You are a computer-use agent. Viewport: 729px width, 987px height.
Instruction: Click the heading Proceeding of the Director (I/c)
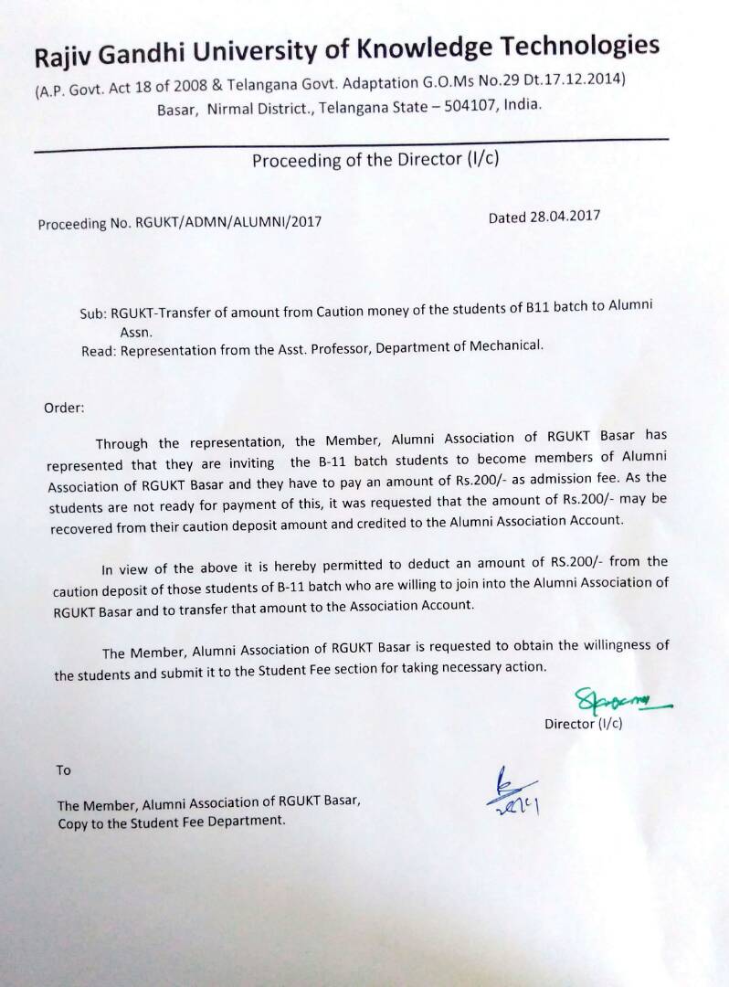(x=375, y=161)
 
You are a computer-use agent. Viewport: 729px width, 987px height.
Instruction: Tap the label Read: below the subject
(x=99, y=349)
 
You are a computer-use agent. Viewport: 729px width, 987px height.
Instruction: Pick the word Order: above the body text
(x=64, y=408)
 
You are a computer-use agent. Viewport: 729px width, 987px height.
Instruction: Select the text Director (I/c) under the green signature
(x=583, y=724)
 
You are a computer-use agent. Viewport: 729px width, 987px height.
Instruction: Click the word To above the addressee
(x=63, y=770)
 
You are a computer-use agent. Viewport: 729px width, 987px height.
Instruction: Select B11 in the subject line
(x=538, y=308)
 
